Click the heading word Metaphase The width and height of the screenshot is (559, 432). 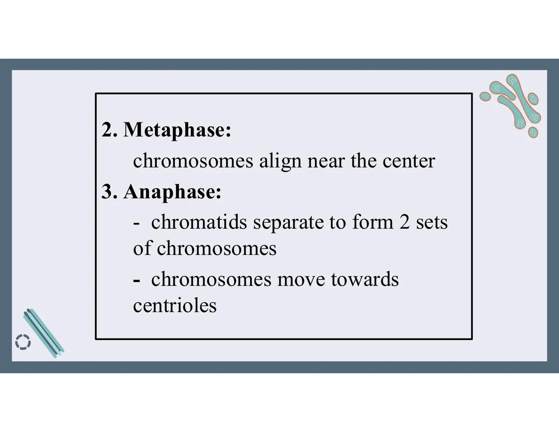tap(177, 130)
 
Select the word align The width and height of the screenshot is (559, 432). tap(280, 161)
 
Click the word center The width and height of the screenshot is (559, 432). tap(409, 161)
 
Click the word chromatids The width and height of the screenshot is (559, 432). tap(199, 222)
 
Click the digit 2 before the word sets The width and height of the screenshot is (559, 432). tap(405, 222)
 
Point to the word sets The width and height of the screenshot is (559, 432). tap(432, 223)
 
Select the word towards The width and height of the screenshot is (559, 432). tap(365, 279)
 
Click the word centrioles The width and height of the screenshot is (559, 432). tap(175, 306)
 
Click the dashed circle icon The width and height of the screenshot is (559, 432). tap(23, 342)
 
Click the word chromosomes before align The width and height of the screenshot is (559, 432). tap(193, 161)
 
